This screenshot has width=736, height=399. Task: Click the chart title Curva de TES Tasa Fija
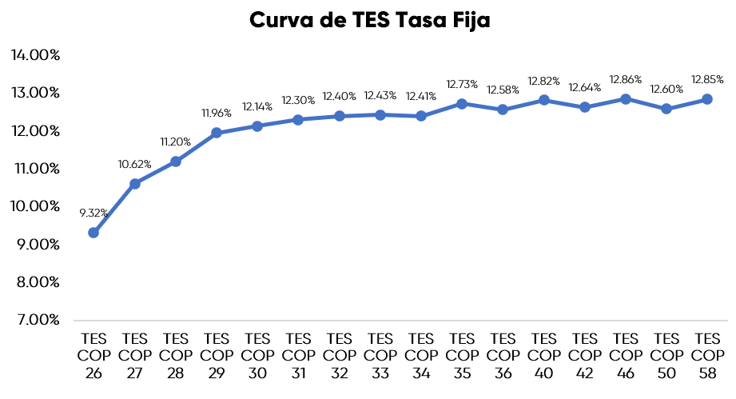369,21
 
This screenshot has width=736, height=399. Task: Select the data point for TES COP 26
93,233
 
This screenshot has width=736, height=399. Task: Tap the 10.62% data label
135,164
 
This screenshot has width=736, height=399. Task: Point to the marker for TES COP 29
217,133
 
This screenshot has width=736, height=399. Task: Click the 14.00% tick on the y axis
36,55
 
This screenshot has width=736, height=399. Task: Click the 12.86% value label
626,80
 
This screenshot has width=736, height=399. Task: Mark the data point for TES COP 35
462,104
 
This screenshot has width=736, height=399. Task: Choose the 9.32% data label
93,213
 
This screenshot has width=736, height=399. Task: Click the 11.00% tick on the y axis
36,169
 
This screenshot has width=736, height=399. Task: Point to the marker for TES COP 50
666,109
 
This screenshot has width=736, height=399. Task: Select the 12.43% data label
380,96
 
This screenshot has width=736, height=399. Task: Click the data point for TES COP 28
176,162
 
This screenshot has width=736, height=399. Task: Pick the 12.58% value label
503,90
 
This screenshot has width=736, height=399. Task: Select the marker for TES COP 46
626,99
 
